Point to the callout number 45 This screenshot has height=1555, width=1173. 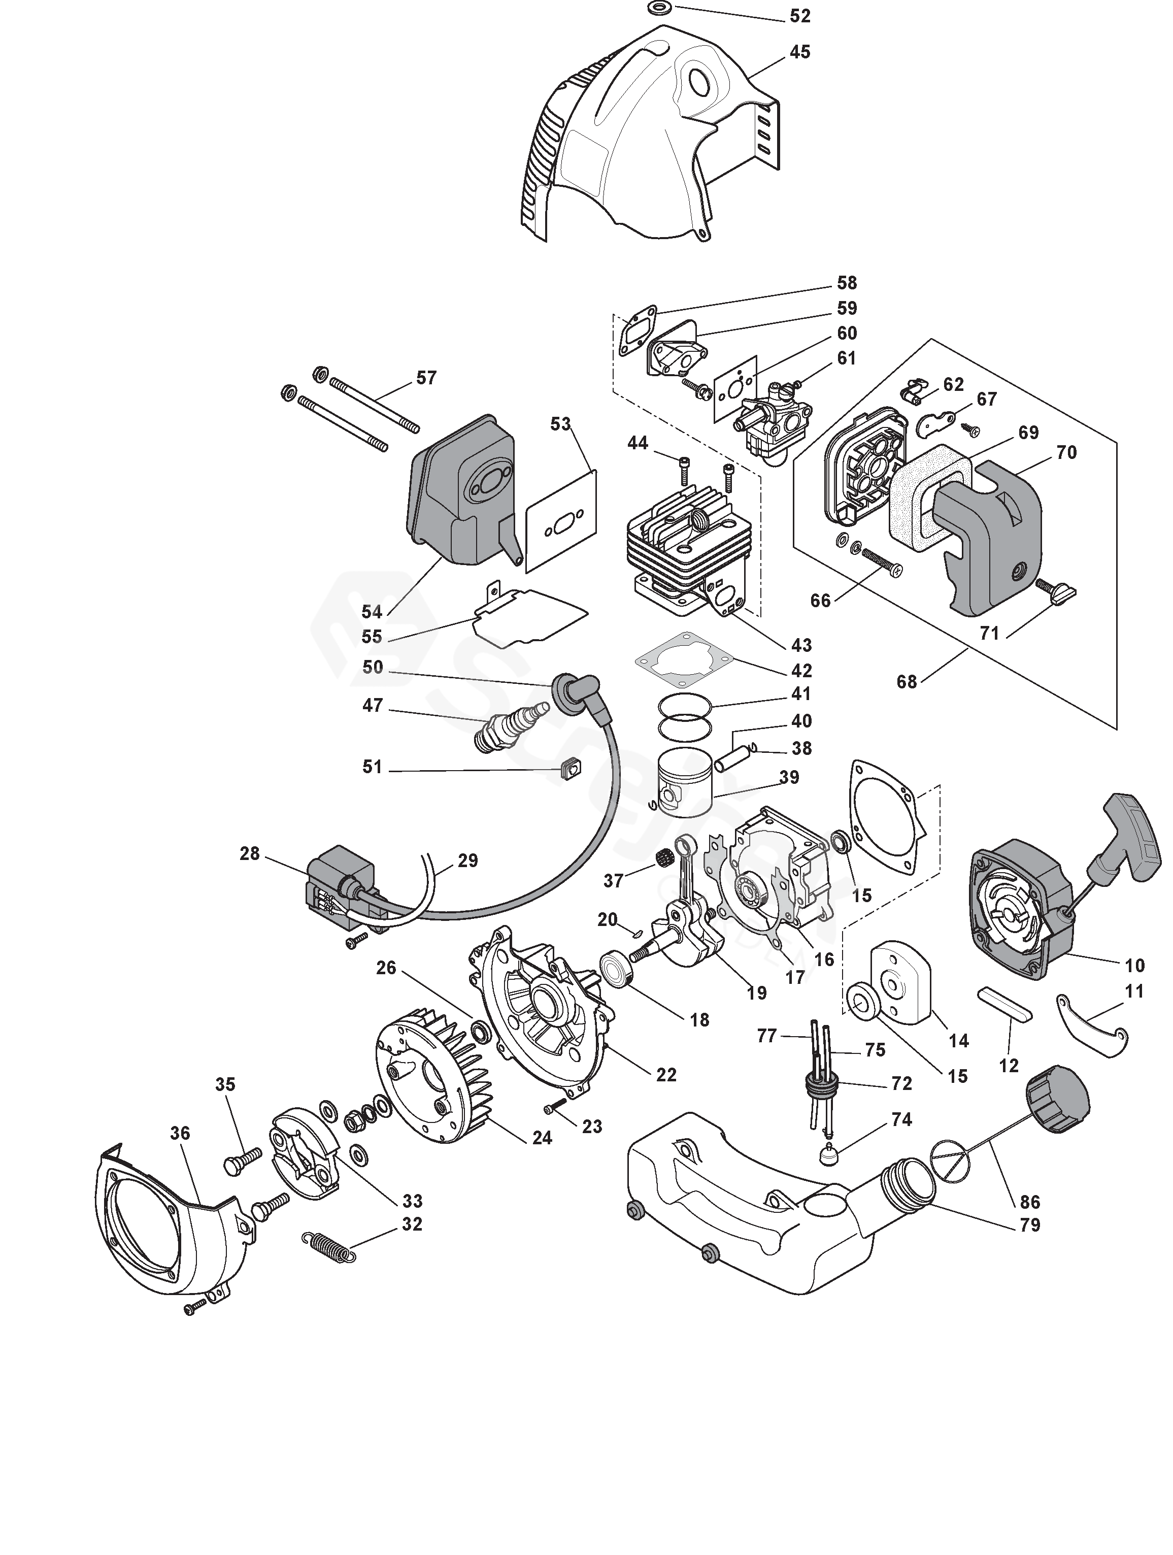pyautogui.click(x=800, y=52)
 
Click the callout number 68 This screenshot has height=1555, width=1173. pyautogui.click(x=907, y=681)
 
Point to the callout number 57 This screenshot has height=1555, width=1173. pyautogui.click(x=426, y=378)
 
